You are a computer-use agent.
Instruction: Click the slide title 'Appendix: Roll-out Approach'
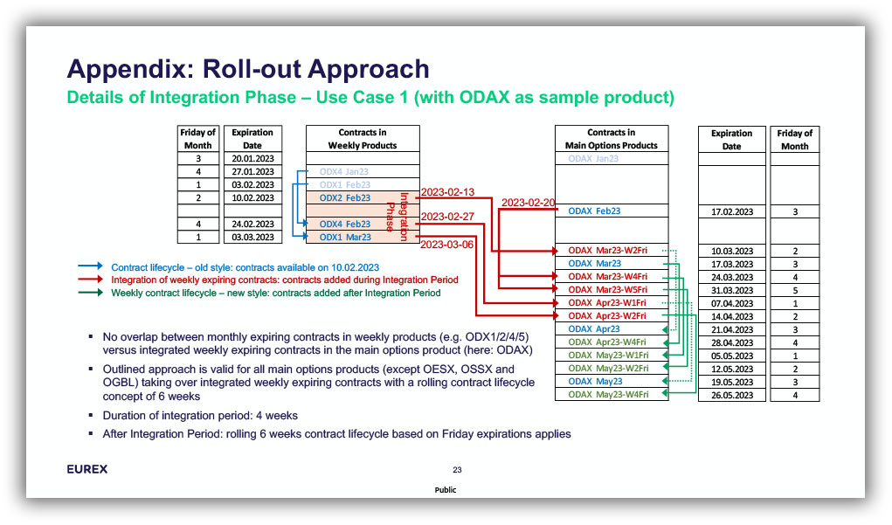(x=248, y=69)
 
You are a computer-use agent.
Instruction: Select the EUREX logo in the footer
(x=87, y=469)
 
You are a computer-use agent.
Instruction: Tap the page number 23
(x=457, y=470)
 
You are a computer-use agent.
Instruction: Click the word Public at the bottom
(x=446, y=490)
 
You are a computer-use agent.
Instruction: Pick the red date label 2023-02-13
(x=448, y=192)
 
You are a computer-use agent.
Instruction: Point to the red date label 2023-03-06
(x=448, y=245)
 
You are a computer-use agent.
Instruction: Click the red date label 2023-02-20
(x=529, y=203)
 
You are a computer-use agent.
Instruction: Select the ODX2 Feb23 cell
(x=345, y=198)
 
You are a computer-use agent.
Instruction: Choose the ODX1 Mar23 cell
(x=345, y=238)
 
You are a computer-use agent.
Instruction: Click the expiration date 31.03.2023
(x=732, y=290)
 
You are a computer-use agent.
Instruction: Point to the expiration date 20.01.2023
(x=252, y=159)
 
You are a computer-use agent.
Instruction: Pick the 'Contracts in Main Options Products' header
(x=612, y=139)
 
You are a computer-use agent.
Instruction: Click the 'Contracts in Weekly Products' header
(x=363, y=139)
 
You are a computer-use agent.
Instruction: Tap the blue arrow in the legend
(x=88, y=266)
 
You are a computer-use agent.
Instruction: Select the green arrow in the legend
(x=88, y=294)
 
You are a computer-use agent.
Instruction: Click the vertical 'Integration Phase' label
(x=398, y=218)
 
